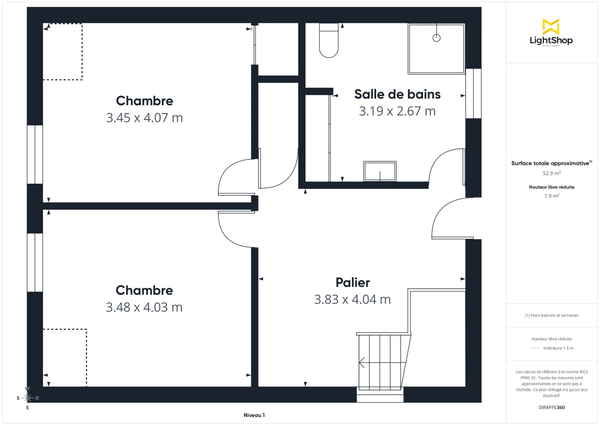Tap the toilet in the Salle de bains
pyautogui.click(x=328, y=41)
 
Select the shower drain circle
pyautogui.click(x=436, y=38)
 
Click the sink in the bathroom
pyautogui.click(x=380, y=171)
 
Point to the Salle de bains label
pyautogui.click(x=397, y=94)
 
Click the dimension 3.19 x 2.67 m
pyautogui.click(x=397, y=111)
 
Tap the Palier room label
pyautogui.click(x=352, y=282)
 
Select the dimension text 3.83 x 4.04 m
pyautogui.click(x=352, y=299)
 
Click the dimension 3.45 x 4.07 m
pyautogui.click(x=144, y=118)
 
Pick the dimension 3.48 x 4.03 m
pyautogui.click(x=144, y=307)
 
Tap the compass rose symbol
pyautogui.click(x=28, y=398)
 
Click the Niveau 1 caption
pyautogui.click(x=254, y=415)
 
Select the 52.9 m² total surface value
pyautogui.click(x=551, y=173)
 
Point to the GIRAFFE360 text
pyautogui.click(x=551, y=407)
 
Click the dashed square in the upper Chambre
pyautogui.click(x=62, y=52)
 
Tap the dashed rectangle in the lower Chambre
pyautogui.click(x=65, y=357)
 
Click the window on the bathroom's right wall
pyautogui.click(x=473, y=94)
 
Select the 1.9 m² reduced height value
pyautogui.click(x=551, y=196)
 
